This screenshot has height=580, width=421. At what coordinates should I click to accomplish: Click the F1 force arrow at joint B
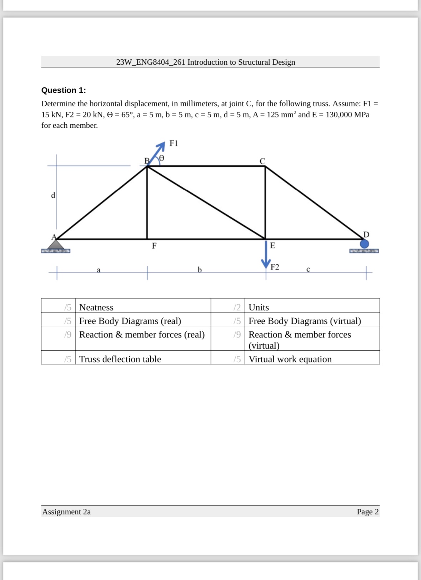click(x=157, y=153)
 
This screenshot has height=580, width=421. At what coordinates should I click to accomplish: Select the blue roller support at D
click(x=364, y=244)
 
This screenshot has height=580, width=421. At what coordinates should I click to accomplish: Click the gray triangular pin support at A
click(x=56, y=245)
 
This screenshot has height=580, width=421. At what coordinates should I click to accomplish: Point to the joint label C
click(x=262, y=161)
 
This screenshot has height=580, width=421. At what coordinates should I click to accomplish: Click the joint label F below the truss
click(x=154, y=246)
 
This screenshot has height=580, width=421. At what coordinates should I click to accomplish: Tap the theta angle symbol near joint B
click(x=162, y=157)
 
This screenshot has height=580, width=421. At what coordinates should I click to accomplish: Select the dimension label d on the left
click(x=53, y=195)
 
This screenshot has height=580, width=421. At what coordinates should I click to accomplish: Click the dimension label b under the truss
click(x=200, y=270)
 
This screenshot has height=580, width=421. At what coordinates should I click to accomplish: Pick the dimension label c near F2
click(x=308, y=270)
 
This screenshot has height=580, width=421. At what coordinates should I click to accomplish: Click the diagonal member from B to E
click(x=206, y=202)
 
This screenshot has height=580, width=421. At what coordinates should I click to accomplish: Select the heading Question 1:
click(x=64, y=90)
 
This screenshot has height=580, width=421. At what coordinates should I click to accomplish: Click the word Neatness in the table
click(x=96, y=307)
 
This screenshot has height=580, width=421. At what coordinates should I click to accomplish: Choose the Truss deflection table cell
click(x=120, y=359)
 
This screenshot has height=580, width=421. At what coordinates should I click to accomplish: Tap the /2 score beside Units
click(x=237, y=307)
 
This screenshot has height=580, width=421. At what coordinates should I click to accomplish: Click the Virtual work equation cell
click(x=290, y=359)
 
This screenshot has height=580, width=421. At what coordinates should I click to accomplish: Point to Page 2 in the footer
click(x=367, y=512)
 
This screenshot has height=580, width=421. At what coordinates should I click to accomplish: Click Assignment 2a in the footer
click(x=66, y=512)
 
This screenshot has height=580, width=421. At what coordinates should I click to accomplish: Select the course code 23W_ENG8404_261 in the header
click(x=151, y=62)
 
